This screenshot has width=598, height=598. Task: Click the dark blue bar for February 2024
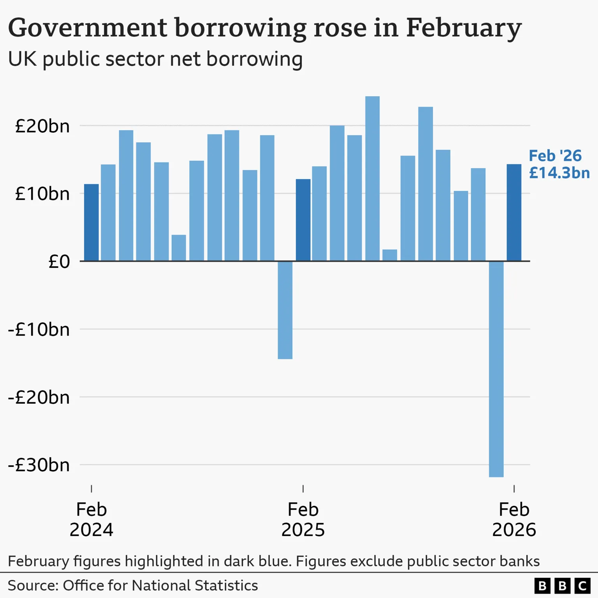91,223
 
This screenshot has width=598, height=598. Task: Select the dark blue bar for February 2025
303,220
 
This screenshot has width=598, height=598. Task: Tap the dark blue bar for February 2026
514,213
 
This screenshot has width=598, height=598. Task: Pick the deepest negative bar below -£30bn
496,369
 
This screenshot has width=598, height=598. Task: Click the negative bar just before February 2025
285,310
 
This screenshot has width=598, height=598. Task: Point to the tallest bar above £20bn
373,179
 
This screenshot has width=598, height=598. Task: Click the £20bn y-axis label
42,127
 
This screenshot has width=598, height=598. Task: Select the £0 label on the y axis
59,262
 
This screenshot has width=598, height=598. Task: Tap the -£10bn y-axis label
39,330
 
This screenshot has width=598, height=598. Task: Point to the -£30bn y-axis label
39,465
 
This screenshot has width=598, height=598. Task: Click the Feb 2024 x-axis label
91,519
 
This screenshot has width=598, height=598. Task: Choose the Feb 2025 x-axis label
303,519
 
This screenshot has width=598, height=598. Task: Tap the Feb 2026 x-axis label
514,519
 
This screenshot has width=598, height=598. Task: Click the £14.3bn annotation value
559,173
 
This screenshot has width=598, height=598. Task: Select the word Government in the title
88,28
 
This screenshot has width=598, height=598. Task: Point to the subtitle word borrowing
254,60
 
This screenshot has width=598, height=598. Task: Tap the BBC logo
562,586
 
